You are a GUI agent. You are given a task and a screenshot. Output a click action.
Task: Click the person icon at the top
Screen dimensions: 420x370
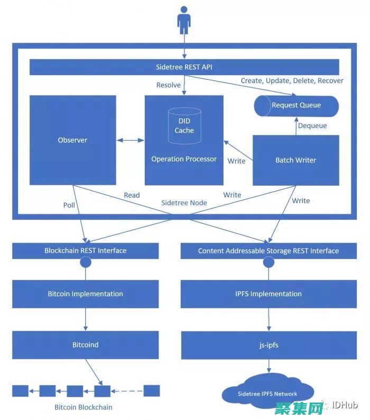[184, 20]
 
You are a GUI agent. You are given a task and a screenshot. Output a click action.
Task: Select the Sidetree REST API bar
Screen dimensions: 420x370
[184, 67]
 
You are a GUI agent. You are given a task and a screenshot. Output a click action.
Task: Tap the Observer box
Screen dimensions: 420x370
[72, 140]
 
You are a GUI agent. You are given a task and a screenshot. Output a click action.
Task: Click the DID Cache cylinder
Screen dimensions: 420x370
[184, 126]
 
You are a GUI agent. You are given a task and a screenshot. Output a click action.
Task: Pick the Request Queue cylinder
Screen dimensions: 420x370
[296, 105]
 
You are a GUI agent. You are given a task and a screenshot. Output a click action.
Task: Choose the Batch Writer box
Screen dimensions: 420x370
[295, 160]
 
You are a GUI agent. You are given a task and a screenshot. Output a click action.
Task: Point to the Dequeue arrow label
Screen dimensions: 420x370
[312, 126]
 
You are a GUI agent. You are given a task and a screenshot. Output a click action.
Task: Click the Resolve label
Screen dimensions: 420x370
[169, 85]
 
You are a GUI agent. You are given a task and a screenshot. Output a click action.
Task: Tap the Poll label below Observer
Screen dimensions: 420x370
[69, 205]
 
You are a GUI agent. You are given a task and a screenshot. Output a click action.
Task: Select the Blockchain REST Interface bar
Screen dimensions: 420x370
[85, 251]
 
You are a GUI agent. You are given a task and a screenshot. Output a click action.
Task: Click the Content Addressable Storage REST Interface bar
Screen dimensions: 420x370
[269, 251]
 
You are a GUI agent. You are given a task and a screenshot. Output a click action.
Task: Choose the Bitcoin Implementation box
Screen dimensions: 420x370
[85, 294]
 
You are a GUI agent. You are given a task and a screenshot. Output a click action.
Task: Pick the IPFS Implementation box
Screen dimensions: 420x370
[269, 294]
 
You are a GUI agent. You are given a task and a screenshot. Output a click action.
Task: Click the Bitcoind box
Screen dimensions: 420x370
[85, 345]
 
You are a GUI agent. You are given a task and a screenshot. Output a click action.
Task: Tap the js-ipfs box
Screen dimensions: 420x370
[269, 345]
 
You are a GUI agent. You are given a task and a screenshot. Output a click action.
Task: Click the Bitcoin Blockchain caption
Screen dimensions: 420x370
[84, 407]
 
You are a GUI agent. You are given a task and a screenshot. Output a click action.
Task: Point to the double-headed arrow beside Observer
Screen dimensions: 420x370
[130, 140]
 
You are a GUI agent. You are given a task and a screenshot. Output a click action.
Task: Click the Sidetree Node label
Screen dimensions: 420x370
[183, 203]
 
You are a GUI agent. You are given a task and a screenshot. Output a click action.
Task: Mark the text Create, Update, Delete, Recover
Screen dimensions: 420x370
[292, 81]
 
